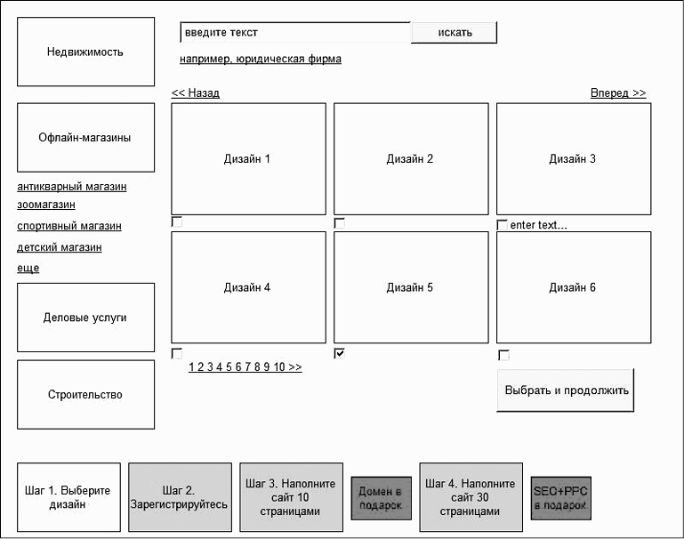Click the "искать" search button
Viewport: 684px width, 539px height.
454,33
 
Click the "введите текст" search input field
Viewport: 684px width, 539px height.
295,32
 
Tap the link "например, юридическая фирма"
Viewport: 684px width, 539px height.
261,59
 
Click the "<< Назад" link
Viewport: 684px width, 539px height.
196,93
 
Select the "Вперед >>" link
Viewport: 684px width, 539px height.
618,93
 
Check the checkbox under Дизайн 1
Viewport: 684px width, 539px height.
177,222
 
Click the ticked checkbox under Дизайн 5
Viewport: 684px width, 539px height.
340,353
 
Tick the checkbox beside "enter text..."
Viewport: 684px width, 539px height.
502,225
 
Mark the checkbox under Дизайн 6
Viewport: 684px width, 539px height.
503,355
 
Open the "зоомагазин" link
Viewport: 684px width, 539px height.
46,205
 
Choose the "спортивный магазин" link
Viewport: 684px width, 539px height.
69,226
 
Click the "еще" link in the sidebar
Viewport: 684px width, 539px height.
28,269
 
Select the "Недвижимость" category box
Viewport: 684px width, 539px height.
86,52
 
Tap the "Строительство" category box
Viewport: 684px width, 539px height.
86,395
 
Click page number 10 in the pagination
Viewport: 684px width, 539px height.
279,366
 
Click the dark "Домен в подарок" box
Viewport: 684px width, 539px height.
382,498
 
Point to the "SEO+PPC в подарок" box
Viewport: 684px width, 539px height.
561,498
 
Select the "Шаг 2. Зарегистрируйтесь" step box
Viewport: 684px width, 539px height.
181,497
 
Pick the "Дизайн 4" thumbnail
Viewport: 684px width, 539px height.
249,287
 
